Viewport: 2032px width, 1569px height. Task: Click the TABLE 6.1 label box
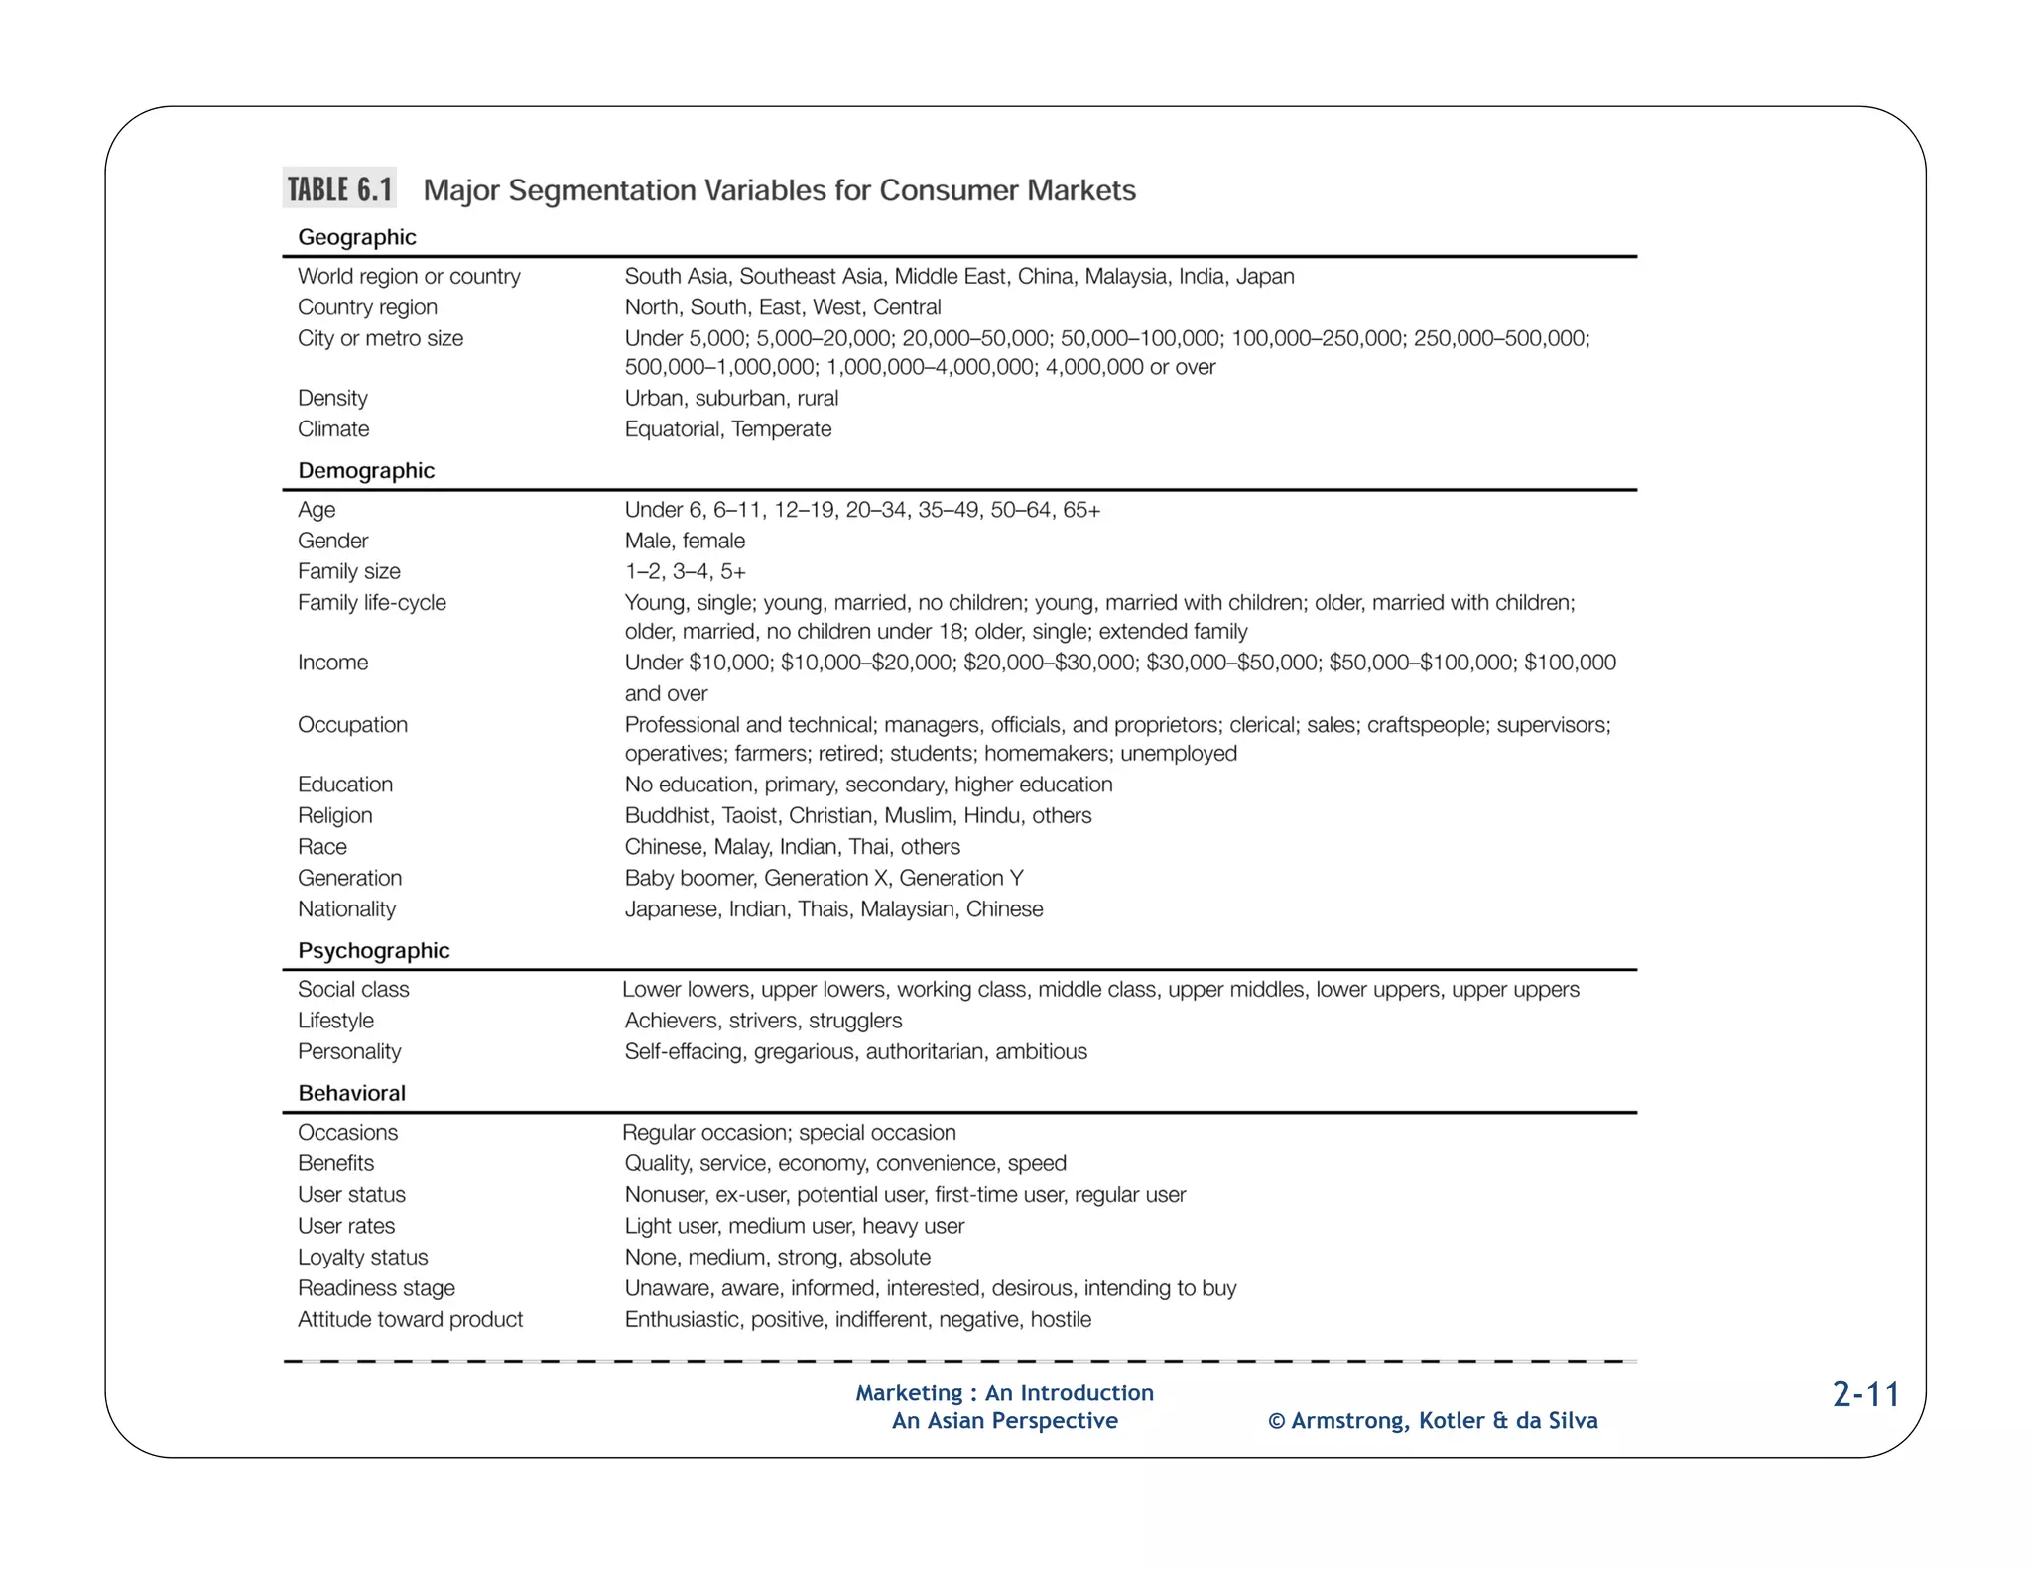click(x=339, y=188)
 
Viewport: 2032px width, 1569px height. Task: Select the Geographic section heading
click(x=356, y=237)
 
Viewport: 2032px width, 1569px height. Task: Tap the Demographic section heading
click(x=366, y=470)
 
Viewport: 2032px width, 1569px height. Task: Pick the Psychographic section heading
click(x=373, y=950)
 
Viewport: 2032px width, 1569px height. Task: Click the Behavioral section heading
click(x=351, y=1093)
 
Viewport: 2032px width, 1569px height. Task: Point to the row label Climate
click(x=333, y=429)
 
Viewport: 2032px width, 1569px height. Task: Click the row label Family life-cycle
click(x=371, y=603)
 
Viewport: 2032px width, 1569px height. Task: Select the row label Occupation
click(x=352, y=725)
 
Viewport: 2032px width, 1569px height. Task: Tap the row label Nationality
click(x=346, y=909)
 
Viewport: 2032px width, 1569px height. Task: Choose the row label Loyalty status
click(x=362, y=1258)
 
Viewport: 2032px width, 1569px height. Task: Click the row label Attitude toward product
click(x=410, y=1320)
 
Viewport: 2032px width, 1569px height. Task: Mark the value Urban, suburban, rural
click(x=731, y=399)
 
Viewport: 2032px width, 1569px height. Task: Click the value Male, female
click(x=685, y=541)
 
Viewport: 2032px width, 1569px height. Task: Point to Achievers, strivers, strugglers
click(x=763, y=1021)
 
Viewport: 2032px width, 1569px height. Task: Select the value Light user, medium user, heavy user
click(x=794, y=1227)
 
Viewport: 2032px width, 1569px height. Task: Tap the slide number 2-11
click(x=1865, y=1394)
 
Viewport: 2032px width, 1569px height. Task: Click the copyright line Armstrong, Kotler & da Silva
click(x=1433, y=1421)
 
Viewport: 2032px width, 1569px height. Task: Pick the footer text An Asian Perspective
click(x=1004, y=1421)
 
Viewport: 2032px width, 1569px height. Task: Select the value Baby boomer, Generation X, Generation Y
click(x=824, y=879)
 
